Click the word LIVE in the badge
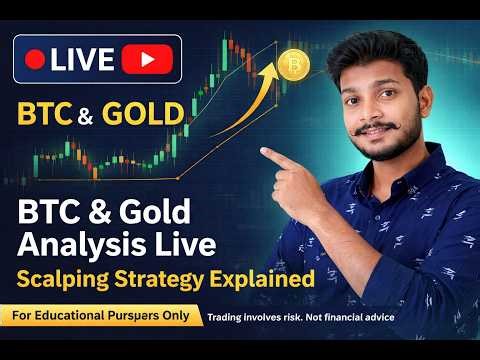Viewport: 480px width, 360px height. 82,59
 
